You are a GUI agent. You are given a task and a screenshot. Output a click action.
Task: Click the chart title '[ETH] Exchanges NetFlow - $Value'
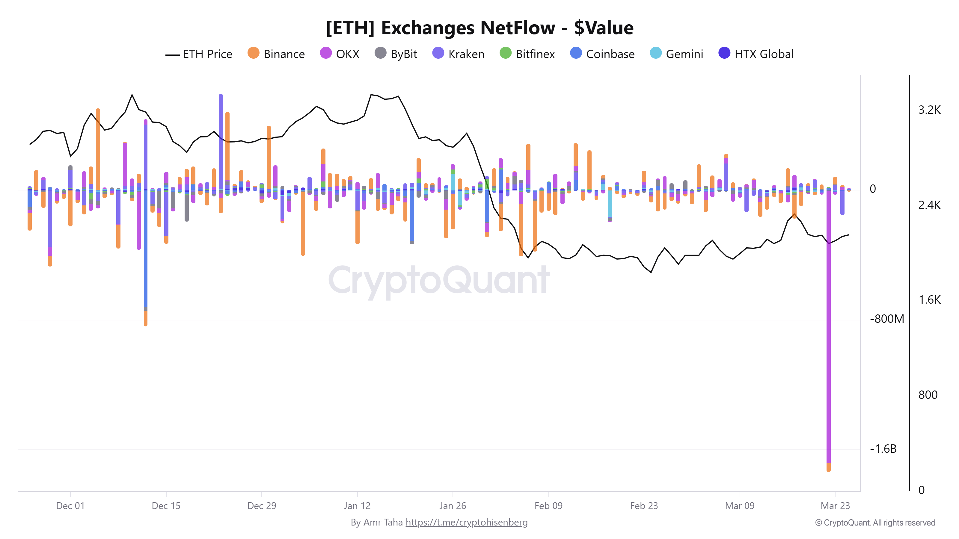pyautogui.click(x=479, y=28)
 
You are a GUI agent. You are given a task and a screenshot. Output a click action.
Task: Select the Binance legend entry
pyautogui.click(x=276, y=54)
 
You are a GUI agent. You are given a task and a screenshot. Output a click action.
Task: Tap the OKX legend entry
pyautogui.click(x=340, y=54)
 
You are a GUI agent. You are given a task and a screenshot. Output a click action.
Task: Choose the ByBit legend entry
pyautogui.click(x=395, y=54)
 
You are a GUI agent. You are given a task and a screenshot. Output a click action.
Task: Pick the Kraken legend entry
pyautogui.click(x=458, y=54)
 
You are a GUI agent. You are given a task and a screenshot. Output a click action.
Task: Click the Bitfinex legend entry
pyautogui.click(x=527, y=54)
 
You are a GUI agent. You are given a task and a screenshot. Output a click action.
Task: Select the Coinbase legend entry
pyautogui.click(x=602, y=54)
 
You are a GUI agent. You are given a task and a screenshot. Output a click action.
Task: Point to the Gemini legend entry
pyautogui.click(x=676, y=54)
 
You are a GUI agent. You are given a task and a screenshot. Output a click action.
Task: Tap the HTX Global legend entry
pyautogui.click(x=756, y=54)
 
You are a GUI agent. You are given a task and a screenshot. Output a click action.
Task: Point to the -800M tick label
pyautogui.click(x=887, y=319)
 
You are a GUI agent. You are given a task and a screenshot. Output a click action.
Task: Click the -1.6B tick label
pyautogui.click(x=883, y=449)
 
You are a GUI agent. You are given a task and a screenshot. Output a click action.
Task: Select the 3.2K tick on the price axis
pyautogui.click(x=929, y=110)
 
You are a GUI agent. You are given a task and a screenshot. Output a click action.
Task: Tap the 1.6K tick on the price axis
pyautogui.click(x=929, y=299)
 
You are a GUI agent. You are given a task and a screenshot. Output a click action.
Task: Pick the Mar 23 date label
pyautogui.click(x=835, y=505)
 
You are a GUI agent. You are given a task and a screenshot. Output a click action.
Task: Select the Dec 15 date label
pyautogui.click(x=166, y=505)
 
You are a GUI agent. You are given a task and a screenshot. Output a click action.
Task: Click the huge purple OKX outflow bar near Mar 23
pyautogui.click(x=828, y=335)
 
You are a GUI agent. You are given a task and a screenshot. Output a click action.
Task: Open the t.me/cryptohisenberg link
pyautogui.click(x=467, y=522)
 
